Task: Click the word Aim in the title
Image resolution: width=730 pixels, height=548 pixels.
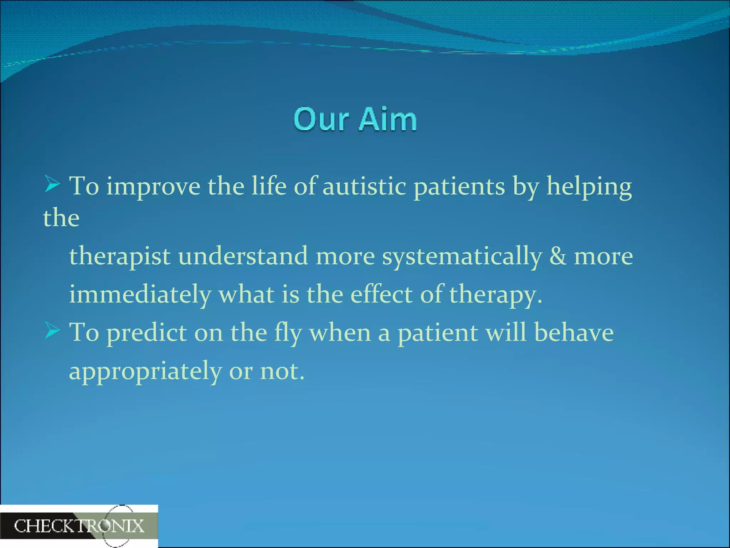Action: tap(388, 120)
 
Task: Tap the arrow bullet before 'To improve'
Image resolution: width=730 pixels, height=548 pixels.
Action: tap(52, 184)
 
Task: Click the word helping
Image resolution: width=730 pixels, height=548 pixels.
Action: tap(589, 187)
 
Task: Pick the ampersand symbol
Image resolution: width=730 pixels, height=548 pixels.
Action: tap(558, 256)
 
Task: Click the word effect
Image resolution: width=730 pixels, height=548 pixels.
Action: tap(381, 294)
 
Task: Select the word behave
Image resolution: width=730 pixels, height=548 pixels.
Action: tap(574, 333)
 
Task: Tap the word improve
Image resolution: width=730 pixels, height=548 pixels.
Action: tap(153, 187)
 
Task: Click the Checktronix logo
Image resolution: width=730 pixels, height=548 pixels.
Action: tap(79, 526)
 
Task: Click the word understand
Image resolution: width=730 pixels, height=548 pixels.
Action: tap(243, 256)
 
